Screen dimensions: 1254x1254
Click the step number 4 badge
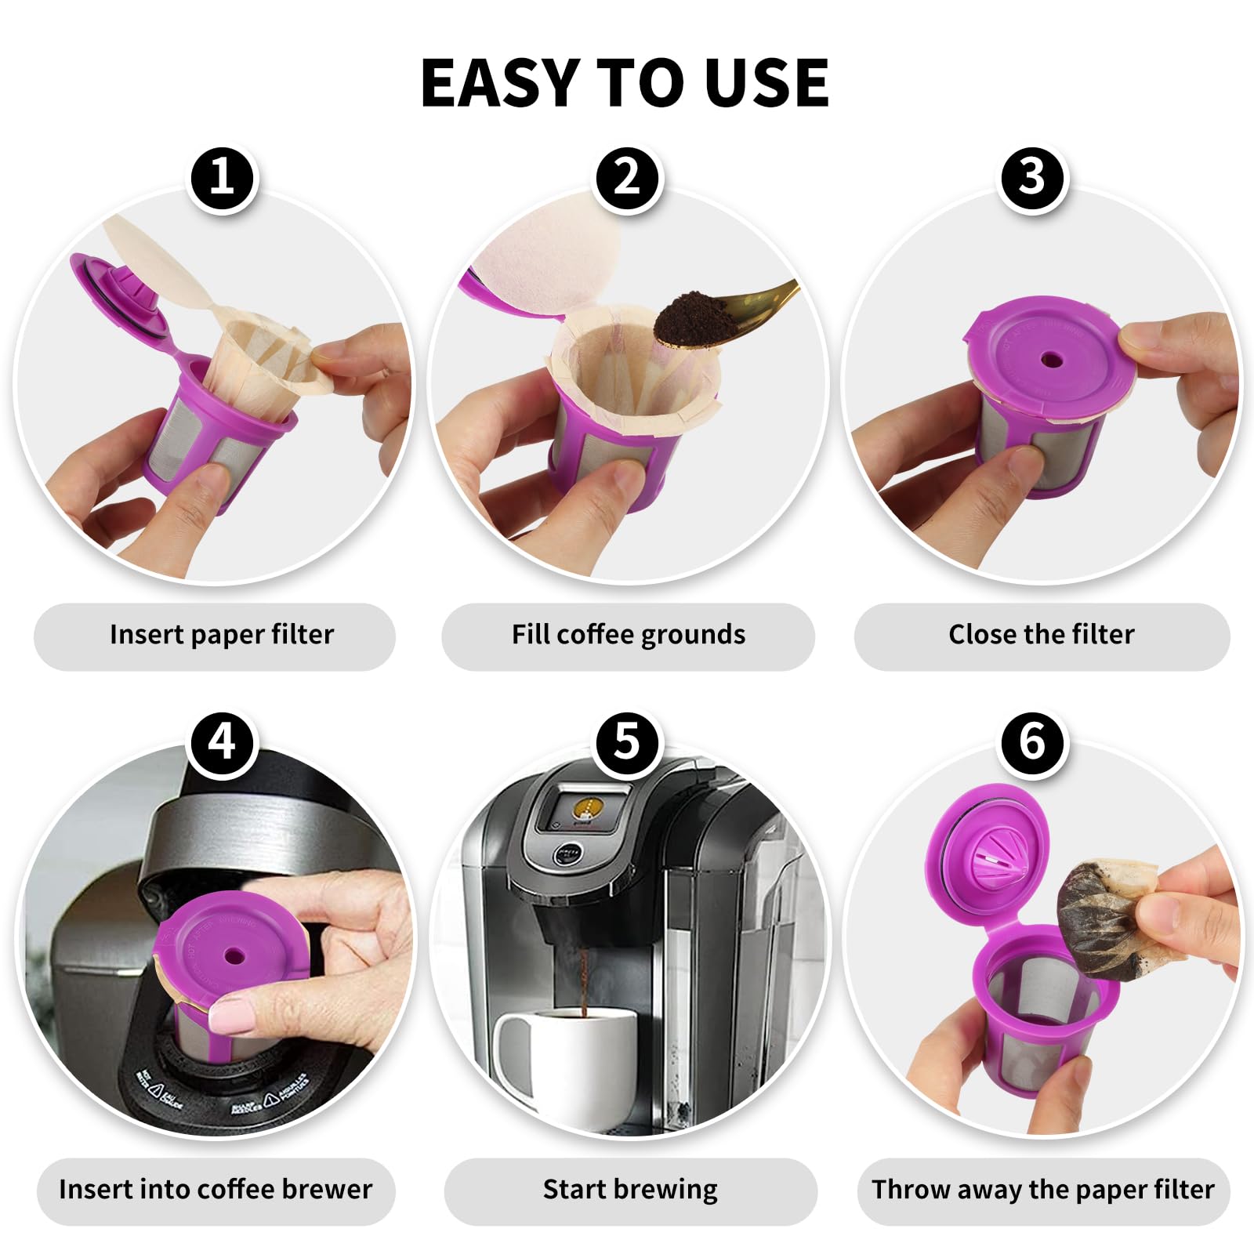coord(223,741)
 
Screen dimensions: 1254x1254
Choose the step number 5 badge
coord(628,741)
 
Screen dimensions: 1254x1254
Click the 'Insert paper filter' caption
coord(222,635)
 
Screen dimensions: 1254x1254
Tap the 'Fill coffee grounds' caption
coord(628,635)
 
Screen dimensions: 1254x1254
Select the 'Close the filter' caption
coord(1041,635)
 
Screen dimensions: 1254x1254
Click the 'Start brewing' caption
coord(630,1190)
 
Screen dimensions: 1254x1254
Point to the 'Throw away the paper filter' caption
coord(1042,1190)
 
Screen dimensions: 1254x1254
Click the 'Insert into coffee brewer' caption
coord(216,1190)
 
